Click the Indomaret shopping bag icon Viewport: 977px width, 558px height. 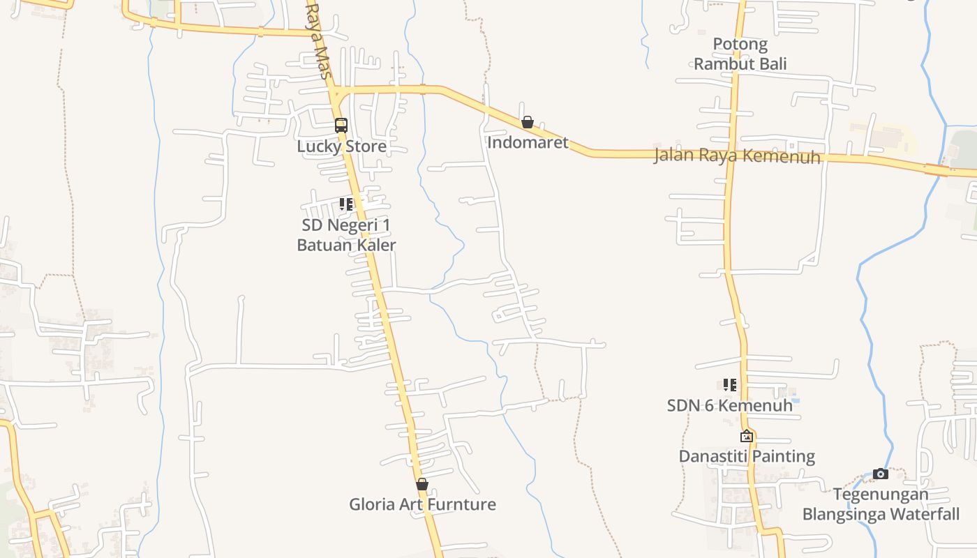[528, 123]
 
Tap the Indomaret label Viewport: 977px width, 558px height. [528, 143]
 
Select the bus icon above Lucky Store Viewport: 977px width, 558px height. [341, 126]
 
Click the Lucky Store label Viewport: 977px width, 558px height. [341, 146]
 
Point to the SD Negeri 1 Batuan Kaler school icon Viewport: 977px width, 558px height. [346, 204]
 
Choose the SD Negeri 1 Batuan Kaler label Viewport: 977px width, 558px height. [346, 235]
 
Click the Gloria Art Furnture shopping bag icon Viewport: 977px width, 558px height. [422, 484]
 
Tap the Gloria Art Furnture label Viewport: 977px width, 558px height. [422, 504]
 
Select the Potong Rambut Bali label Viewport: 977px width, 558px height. [740, 54]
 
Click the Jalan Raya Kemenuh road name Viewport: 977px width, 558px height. [737, 156]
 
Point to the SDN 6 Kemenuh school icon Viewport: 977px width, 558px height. [730, 384]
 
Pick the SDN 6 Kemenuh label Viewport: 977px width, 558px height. [729, 405]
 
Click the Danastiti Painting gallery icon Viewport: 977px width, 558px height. [747, 437]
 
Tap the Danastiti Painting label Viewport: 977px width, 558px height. [747, 457]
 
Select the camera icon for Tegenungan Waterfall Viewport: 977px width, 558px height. [881, 474]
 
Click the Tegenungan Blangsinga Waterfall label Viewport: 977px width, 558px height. [881, 504]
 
